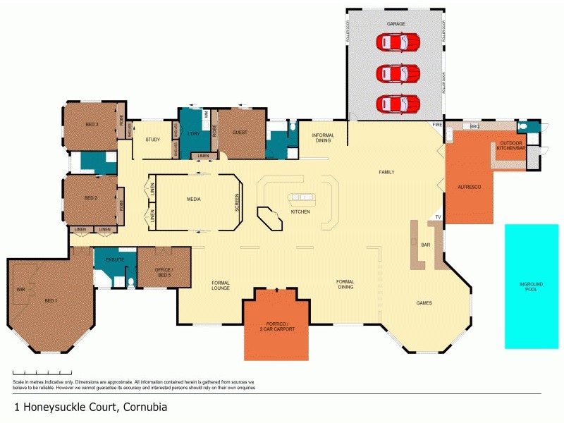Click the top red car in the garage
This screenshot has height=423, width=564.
click(399, 42)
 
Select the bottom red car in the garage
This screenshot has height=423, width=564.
click(399, 104)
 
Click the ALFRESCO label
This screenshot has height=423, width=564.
click(469, 187)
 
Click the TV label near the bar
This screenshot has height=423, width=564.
click(438, 217)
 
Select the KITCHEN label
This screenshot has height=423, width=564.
click(300, 211)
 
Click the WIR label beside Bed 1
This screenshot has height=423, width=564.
click(20, 289)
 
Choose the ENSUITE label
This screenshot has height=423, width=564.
click(116, 259)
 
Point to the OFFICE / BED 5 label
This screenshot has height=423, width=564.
click(164, 271)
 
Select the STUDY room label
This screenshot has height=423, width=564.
click(153, 139)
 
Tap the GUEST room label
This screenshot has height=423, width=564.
click(239, 132)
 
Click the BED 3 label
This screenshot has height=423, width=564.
click(92, 124)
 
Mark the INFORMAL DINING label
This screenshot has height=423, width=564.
click(323, 137)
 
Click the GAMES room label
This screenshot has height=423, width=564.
click(424, 303)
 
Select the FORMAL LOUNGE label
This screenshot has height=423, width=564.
click(221, 285)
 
